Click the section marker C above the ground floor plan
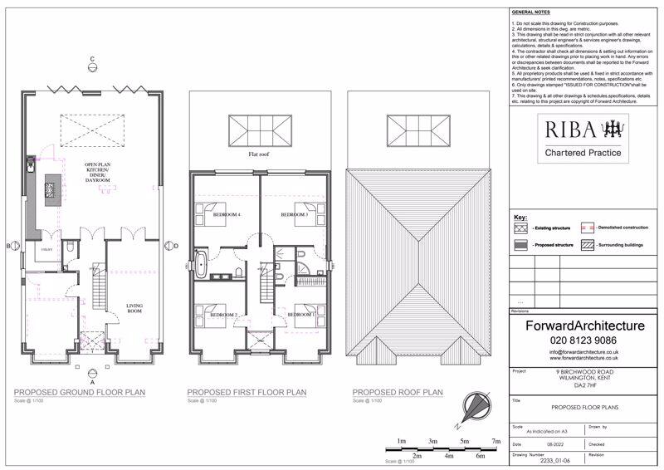point(94,58)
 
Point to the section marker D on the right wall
point(176,246)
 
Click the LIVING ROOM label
point(134,308)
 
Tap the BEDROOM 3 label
point(294,215)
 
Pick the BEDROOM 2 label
point(223,316)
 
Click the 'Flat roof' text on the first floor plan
point(260,154)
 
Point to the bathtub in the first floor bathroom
point(202,265)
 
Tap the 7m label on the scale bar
point(496,441)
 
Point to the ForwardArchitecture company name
point(584,326)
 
